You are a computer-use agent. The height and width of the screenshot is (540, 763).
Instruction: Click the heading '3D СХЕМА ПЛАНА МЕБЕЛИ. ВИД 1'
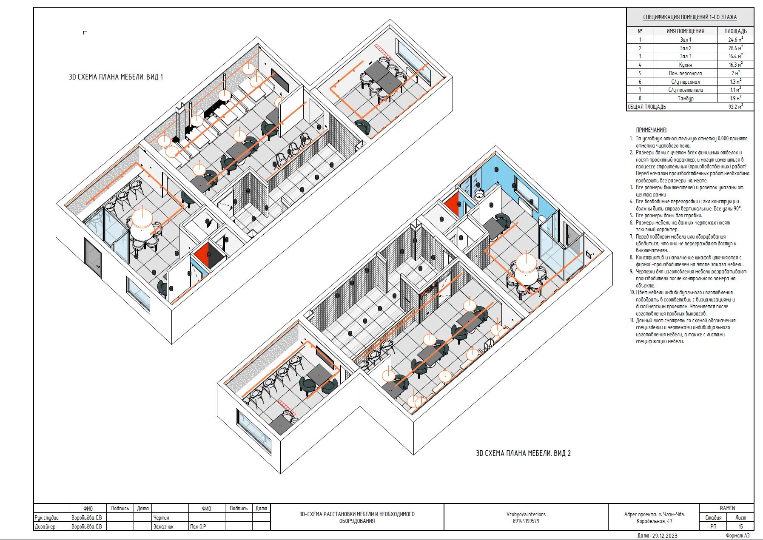(116, 77)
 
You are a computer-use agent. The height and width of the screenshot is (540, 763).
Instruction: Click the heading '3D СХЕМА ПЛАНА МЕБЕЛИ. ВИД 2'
(523, 453)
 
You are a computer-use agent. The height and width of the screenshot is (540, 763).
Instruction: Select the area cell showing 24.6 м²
(735, 40)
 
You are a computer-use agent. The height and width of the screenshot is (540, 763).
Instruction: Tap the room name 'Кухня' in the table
(685, 65)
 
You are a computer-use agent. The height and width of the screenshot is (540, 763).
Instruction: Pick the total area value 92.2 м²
(735, 107)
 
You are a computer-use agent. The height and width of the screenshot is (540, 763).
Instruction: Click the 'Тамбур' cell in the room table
(685, 98)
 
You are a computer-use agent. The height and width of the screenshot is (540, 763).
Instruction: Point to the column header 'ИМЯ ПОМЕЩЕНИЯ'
(685, 31)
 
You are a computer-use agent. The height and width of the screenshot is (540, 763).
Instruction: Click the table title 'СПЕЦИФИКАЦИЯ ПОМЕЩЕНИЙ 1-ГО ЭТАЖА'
(690, 17)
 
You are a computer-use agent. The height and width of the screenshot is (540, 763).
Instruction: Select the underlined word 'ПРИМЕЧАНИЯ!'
(651, 130)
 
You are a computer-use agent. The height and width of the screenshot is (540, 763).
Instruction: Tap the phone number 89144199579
(526, 521)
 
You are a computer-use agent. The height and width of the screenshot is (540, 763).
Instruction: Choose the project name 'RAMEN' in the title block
(727, 508)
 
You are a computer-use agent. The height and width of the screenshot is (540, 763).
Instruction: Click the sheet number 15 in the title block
(740, 526)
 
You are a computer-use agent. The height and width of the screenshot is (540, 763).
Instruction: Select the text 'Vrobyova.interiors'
(526, 514)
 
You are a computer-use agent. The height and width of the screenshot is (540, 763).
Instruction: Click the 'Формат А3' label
(737, 536)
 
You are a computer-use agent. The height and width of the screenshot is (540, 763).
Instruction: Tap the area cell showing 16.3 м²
(735, 65)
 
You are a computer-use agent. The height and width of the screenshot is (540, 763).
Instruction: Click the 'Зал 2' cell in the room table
(685, 48)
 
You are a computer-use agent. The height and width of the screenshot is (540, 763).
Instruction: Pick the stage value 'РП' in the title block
(713, 526)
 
